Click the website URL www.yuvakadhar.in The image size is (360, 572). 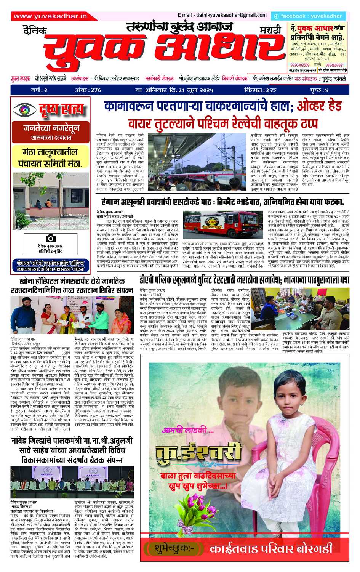pos(50,16)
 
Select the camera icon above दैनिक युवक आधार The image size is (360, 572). pos(51,238)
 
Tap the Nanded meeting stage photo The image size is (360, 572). pos(72,482)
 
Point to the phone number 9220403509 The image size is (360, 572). pos(297,64)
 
